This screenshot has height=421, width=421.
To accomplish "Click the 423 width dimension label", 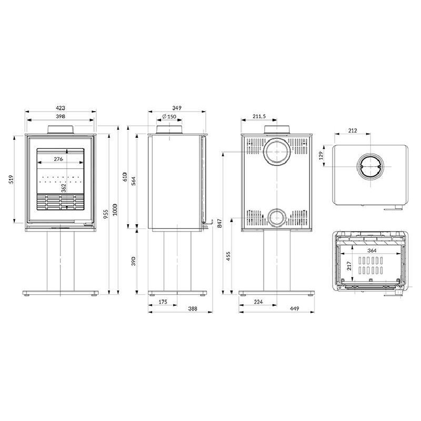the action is (61, 108).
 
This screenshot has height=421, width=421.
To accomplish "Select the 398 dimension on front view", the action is (61, 116).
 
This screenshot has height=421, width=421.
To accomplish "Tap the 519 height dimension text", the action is (11, 179).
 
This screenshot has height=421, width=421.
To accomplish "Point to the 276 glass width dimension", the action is (58, 159).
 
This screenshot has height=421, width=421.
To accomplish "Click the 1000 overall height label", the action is (115, 209).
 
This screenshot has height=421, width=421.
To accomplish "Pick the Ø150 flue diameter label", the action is (169, 116).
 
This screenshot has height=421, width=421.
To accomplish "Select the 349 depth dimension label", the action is (177, 108).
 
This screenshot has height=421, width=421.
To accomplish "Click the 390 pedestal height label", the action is (134, 261).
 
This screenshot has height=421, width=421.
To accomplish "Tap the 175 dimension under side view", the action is (163, 302).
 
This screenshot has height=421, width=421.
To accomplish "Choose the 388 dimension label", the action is (192, 309).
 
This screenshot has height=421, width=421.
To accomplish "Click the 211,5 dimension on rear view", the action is (259, 116).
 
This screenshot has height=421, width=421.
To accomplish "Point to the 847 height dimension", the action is (219, 223).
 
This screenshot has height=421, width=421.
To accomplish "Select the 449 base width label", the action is (294, 309).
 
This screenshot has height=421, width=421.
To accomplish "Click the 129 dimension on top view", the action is (322, 156).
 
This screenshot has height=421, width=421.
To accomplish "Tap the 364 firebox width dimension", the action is (372, 250).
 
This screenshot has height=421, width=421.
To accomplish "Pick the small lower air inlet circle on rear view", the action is (277, 217).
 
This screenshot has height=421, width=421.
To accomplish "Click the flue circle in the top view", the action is (370, 167).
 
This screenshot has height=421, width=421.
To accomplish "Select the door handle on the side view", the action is (207, 224).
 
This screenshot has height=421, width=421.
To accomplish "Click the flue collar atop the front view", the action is (60, 129).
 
